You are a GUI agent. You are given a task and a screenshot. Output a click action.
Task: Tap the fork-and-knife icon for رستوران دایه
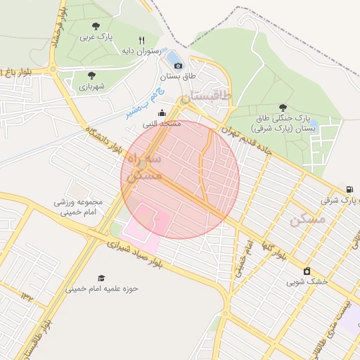[142, 41]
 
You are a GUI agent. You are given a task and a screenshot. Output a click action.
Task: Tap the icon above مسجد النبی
[162, 113]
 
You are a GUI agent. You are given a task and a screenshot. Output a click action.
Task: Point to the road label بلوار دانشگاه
[108, 141]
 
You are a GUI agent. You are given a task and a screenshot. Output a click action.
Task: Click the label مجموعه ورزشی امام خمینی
[79, 205]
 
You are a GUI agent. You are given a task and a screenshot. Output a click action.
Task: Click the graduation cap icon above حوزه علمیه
[101, 278]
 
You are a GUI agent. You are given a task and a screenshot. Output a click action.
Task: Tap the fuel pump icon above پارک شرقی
[349, 189]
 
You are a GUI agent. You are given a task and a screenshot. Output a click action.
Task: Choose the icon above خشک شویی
[307, 271]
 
